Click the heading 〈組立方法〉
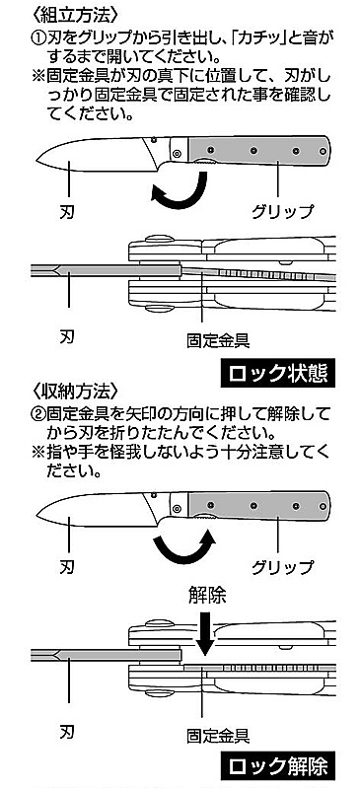76,14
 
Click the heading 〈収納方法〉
76,391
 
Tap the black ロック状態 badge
278,373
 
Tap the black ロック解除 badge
278,766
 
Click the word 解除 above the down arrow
207,596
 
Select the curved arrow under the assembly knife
180,192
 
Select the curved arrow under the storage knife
183,547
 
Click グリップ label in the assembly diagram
282,211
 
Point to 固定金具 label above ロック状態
218,341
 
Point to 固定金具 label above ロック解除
218,736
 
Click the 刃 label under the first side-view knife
67,211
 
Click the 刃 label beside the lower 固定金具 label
67,729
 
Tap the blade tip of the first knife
36,160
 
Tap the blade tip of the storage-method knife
36,516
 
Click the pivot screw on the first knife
177,153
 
